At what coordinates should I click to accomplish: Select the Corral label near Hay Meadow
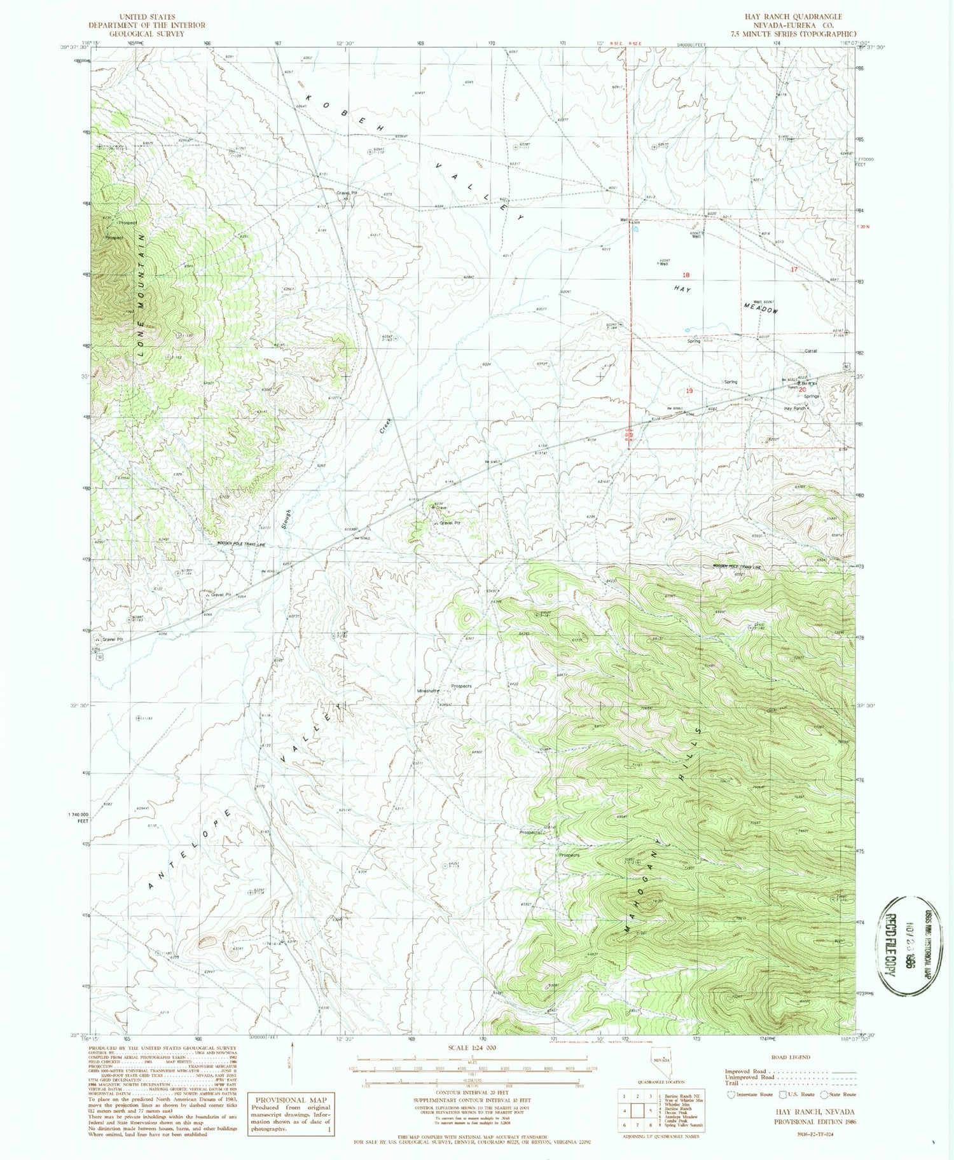pyautogui.click(x=810, y=350)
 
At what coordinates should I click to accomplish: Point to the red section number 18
pyautogui.click(x=686, y=275)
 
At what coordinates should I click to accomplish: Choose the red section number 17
pyautogui.click(x=793, y=270)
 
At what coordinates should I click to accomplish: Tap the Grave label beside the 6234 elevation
pyautogui.click(x=441, y=508)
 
